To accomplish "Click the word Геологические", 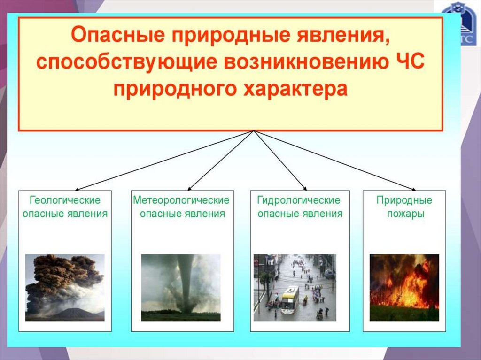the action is click(x=65, y=200).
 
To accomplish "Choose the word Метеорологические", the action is click(x=181, y=200).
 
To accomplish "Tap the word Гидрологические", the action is click(x=299, y=200).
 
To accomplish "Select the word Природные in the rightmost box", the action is click(x=404, y=200).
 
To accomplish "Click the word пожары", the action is click(x=404, y=214).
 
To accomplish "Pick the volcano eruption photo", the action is click(x=65, y=287).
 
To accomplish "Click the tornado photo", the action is click(x=181, y=287).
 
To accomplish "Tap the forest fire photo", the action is click(x=404, y=287).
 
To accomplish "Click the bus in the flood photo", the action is click(x=290, y=299).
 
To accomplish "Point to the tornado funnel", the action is click(x=186, y=282).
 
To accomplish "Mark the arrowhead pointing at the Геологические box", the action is click(x=74, y=189).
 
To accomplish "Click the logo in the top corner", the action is click(x=461, y=23).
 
